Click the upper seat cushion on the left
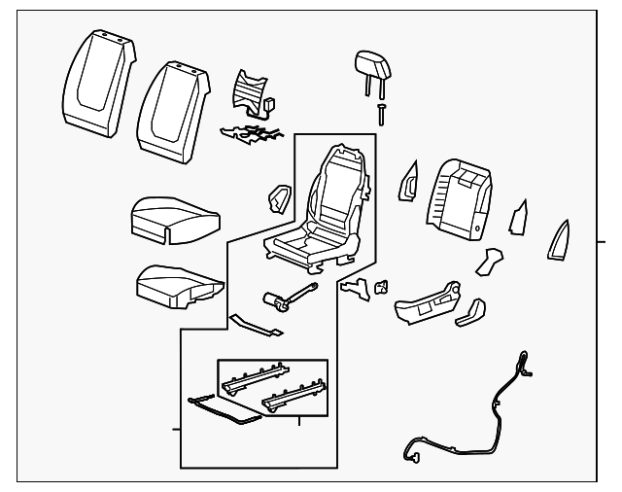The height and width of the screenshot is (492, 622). click(x=170, y=218)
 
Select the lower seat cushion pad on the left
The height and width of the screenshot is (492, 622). click(x=175, y=284)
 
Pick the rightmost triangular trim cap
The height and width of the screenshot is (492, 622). click(x=562, y=237)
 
